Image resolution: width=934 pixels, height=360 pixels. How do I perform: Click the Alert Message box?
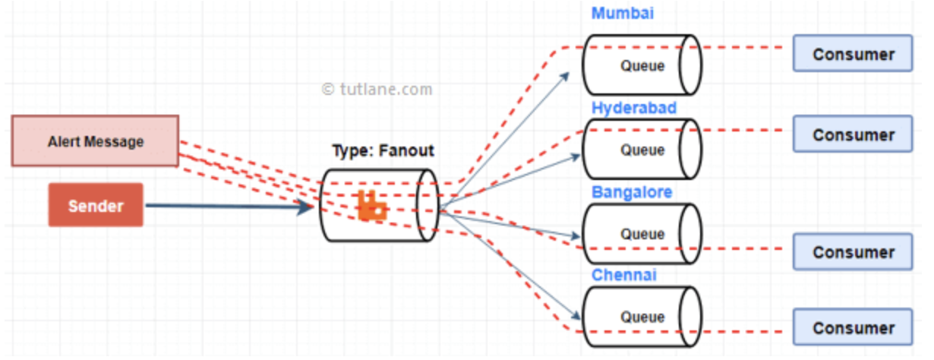95,141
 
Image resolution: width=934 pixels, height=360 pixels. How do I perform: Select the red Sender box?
96,205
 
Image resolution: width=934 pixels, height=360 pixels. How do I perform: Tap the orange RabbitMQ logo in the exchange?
372,207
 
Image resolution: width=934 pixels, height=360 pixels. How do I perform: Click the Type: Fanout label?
383,150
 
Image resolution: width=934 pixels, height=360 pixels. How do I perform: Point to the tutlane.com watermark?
377,89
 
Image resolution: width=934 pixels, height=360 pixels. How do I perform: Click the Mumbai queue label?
623,14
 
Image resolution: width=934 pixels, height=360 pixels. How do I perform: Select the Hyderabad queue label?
634,108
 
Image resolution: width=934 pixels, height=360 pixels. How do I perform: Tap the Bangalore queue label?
632,192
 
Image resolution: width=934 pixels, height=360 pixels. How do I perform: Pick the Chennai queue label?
624,275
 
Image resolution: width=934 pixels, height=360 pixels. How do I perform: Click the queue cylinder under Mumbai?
642,65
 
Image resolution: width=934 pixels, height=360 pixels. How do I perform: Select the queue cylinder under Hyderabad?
642,150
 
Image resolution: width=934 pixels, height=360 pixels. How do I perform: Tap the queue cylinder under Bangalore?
642,234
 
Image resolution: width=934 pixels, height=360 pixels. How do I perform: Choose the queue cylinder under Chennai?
642,317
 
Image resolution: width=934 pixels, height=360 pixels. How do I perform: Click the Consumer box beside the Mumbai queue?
853,54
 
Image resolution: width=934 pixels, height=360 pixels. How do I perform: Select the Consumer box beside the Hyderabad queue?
853,134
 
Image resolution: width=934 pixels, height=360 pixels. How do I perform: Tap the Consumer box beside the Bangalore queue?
853,252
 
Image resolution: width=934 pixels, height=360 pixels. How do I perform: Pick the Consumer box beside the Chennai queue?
853,327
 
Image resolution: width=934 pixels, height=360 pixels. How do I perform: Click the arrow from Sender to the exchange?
228,205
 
